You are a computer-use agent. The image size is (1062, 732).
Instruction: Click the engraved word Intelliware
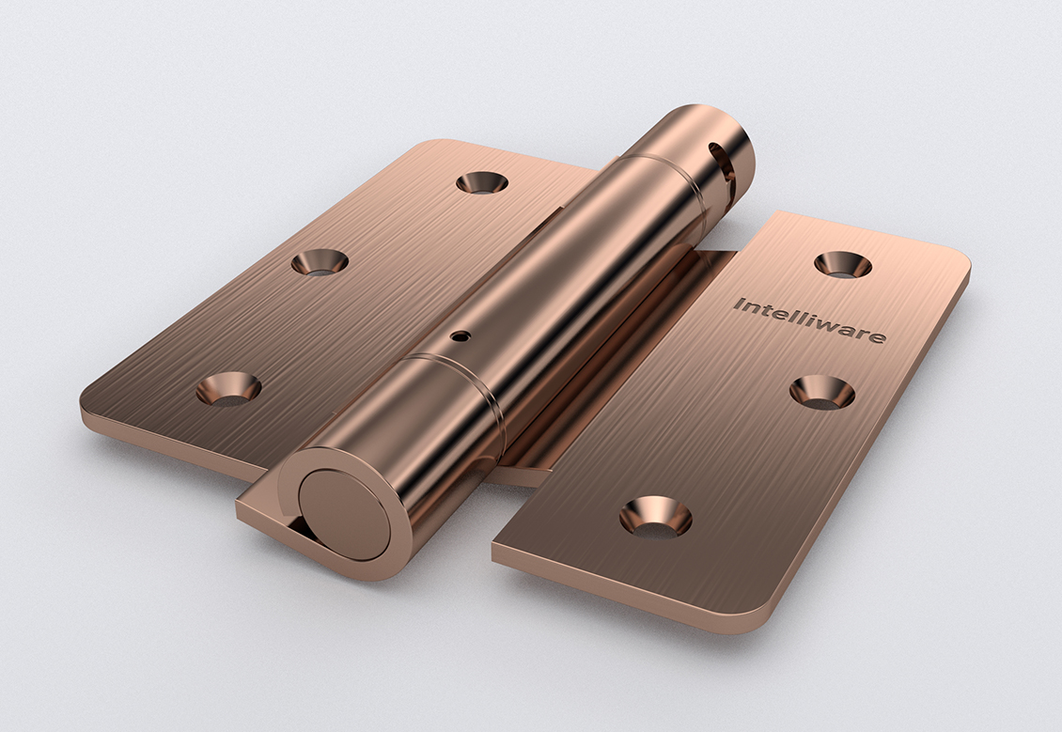(x=808, y=320)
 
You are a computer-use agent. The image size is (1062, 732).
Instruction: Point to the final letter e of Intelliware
(x=877, y=336)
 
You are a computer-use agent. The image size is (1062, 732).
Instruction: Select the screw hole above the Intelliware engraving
(x=843, y=264)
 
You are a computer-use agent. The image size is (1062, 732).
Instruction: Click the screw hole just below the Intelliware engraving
(x=821, y=392)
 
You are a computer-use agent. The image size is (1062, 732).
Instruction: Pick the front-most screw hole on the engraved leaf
(x=656, y=517)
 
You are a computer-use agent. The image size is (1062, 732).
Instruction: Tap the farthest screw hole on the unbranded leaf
(x=481, y=181)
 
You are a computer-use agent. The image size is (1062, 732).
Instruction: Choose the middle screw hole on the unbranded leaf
(x=320, y=262)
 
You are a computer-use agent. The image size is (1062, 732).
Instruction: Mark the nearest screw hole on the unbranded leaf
(x=229, y=389)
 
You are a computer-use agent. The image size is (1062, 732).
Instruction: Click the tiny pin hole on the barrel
(x=461, y=335)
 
